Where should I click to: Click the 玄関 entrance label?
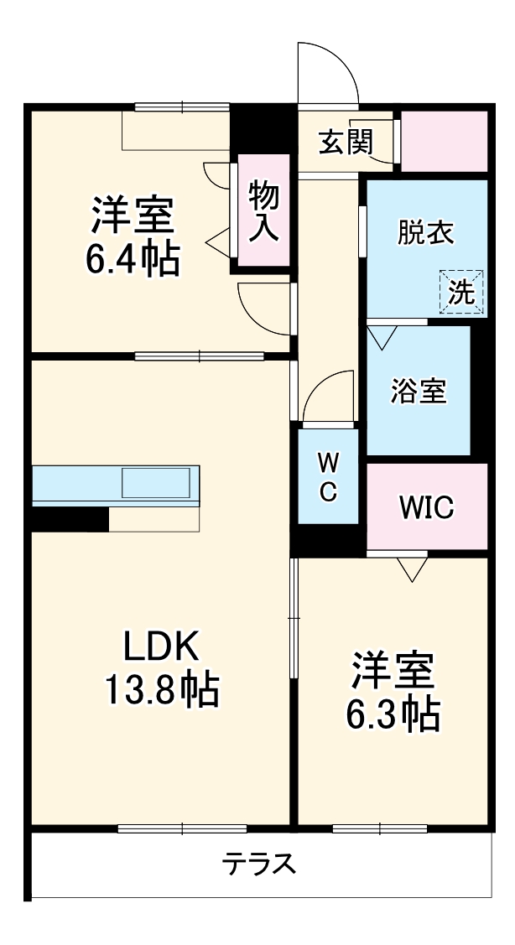pos(345,143)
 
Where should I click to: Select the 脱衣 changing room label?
pos(426,232)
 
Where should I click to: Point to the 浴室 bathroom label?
pos(419,390)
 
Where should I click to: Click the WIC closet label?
pos(427,506)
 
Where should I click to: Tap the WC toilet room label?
pos(328,476)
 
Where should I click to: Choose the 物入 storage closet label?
pos(263,211)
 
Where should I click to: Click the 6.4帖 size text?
pos(132,261)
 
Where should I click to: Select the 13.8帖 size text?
pos(161,689)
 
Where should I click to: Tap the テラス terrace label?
pos(259,864)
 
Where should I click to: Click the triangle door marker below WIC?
pos(412,571)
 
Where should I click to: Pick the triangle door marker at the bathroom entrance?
pos(382,337)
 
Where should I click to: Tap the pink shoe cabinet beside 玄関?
pos(445,140)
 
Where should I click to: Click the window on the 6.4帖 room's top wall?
pos(182,106)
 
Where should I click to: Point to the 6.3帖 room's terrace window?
pos(380,829)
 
